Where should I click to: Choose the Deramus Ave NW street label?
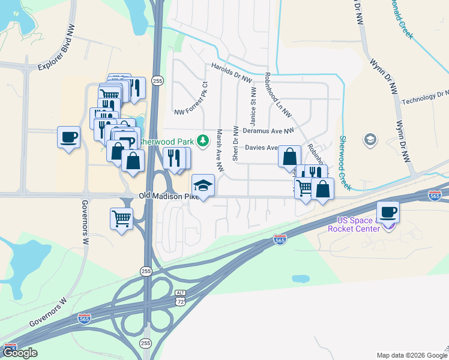pos(268,130)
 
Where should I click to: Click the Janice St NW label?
pos(254,104)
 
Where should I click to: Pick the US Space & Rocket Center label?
pos(354,224)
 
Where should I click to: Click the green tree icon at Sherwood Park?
pos(203,140)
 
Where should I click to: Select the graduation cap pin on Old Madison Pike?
pos(203,185)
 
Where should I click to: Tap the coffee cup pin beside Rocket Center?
pos(388,212)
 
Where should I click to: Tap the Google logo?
pos(20,352)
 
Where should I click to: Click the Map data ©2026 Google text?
pos(411,355)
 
